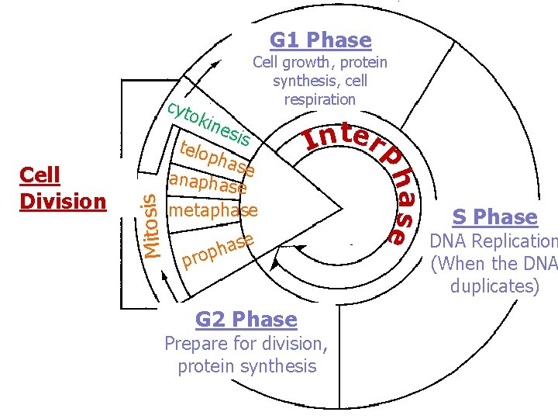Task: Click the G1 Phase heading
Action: tap(320, 40)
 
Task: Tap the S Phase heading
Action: tap(495, 216)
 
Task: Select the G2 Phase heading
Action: tap(246, 319)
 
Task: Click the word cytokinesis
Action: tap(209, 124)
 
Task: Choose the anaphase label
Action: tap(208, 184)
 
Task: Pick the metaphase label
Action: tap(213, 210)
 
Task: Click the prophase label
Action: tap(218, 250)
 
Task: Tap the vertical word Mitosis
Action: tap(153, 224)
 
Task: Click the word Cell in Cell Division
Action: tap(40, 175)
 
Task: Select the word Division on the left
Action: tap(63, 201)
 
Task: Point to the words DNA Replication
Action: tap(494, 242)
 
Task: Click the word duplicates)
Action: tap(494, 286)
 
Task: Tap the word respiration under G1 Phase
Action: tap(319, 99)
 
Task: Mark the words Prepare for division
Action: tap(246, 343)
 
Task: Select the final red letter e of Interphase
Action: tap(397, 234)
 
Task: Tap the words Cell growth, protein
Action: tap(320, 62)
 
